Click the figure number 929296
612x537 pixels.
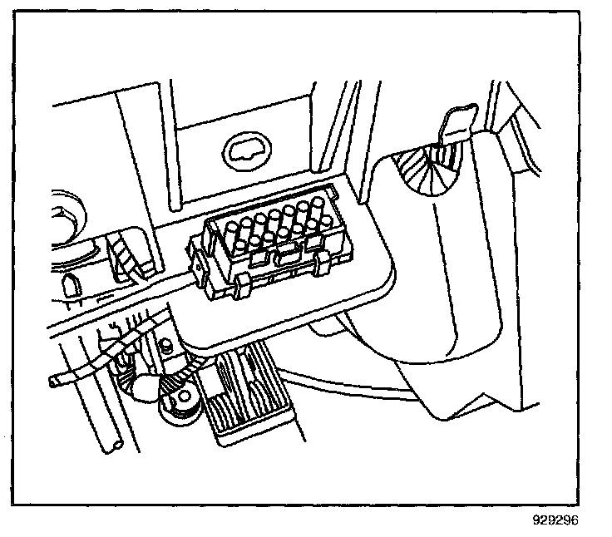(555, 521)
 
